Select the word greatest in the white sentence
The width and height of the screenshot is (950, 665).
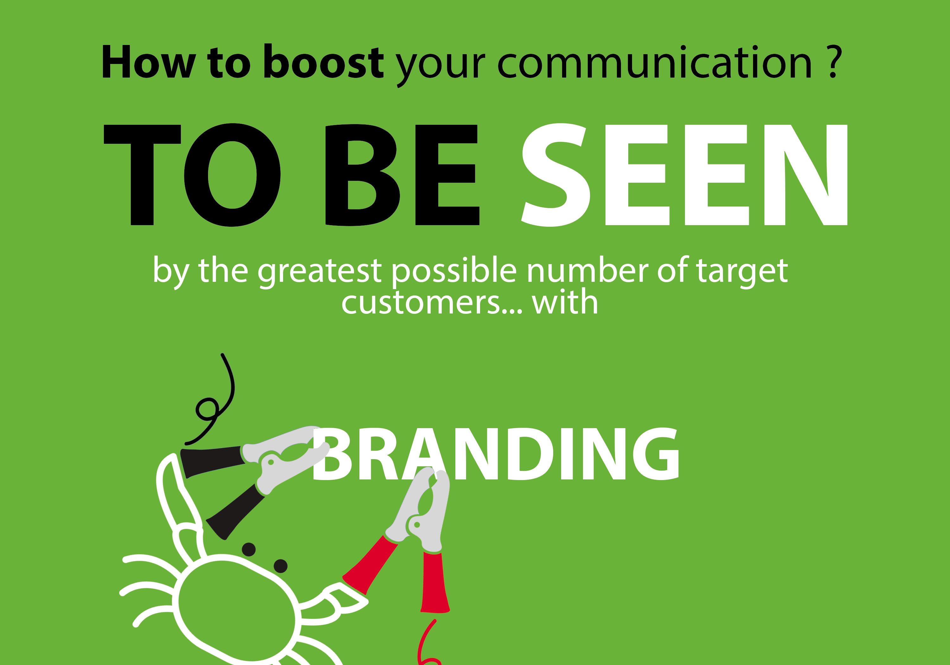[x=319, y=271]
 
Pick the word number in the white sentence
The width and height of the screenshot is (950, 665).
[x=587, y=270]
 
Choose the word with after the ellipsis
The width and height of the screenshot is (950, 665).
[x=565, y=301]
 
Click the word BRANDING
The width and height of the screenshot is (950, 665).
[x=496, y=454]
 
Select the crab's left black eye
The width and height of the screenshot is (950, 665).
[x=249, y=549]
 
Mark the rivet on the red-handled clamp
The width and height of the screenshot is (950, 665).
[x=417, y=525]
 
